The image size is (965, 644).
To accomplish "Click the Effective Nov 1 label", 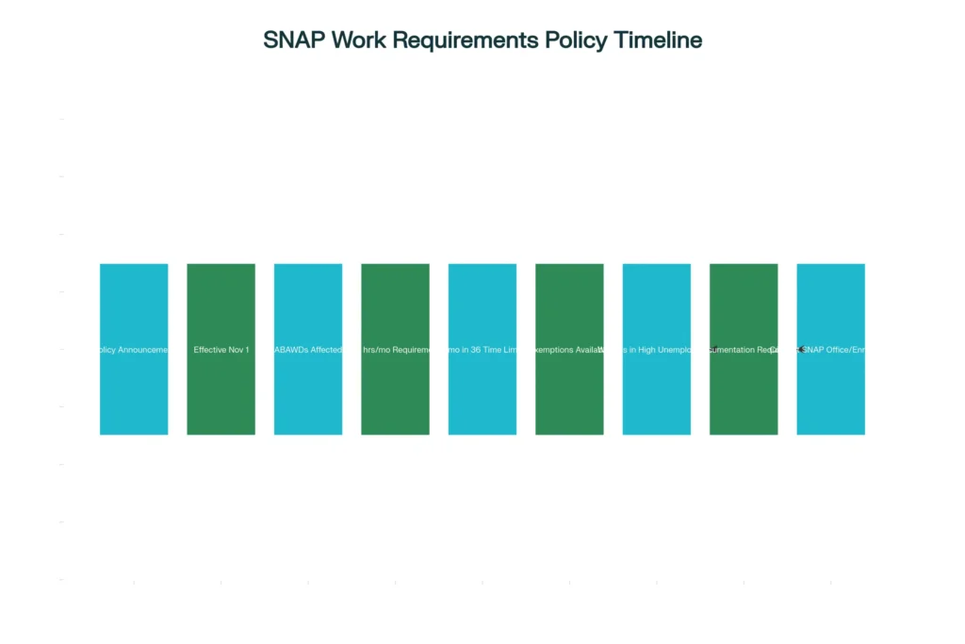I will click(221, 350).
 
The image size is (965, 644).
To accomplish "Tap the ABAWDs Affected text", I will click(308, 350).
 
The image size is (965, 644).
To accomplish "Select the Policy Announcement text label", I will click(134, 350).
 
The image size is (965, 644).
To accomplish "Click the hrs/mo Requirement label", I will click(396, 350).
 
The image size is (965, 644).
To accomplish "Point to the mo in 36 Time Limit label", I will click(482, 350).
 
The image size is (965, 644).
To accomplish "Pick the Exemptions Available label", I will click(569, 350).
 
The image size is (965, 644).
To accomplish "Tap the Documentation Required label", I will click(744, 350).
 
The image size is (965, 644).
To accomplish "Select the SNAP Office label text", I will click(833, 350).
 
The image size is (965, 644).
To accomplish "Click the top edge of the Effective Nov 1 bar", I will click(221, 264).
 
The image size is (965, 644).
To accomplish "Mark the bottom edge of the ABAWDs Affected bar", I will click(308, 435).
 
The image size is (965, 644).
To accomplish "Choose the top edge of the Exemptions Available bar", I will click(569, 264).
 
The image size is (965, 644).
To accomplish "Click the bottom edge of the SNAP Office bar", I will click(830, 435).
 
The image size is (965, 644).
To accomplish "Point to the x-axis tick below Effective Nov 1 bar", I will click(221, 582).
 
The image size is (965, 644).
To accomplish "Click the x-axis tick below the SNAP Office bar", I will click(830, 582).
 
